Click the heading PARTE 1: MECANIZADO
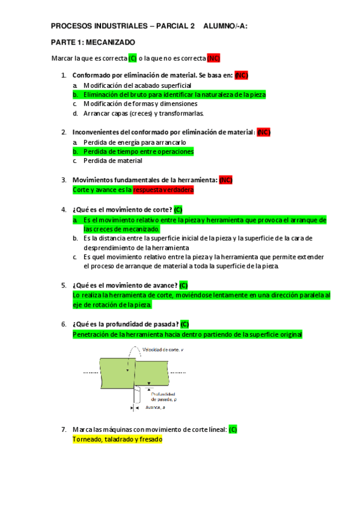(x=93, y=42)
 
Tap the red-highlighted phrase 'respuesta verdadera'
(x=163, y=189)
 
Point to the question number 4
(x=63, y=209)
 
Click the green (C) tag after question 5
(x=183, y=285)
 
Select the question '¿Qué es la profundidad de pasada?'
(x=125, y=324)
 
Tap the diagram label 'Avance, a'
(x=155, y=407)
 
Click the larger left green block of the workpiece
(x=114, y=373)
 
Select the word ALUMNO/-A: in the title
(x=225, y=26)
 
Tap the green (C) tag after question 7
(x=233, y=429)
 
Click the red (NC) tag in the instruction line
(x=213, y=58)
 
